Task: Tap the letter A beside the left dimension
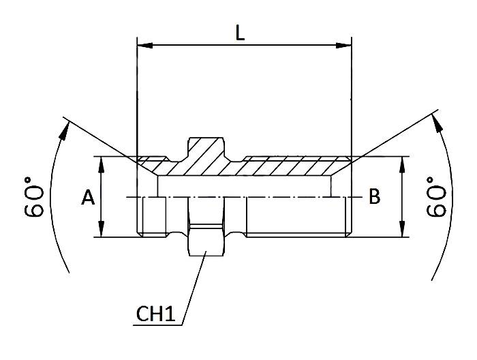point(88,198)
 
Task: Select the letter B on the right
point(374,197)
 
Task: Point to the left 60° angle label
point(35,198)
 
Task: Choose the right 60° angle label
point(435,197)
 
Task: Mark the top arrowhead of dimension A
point(102,162)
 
